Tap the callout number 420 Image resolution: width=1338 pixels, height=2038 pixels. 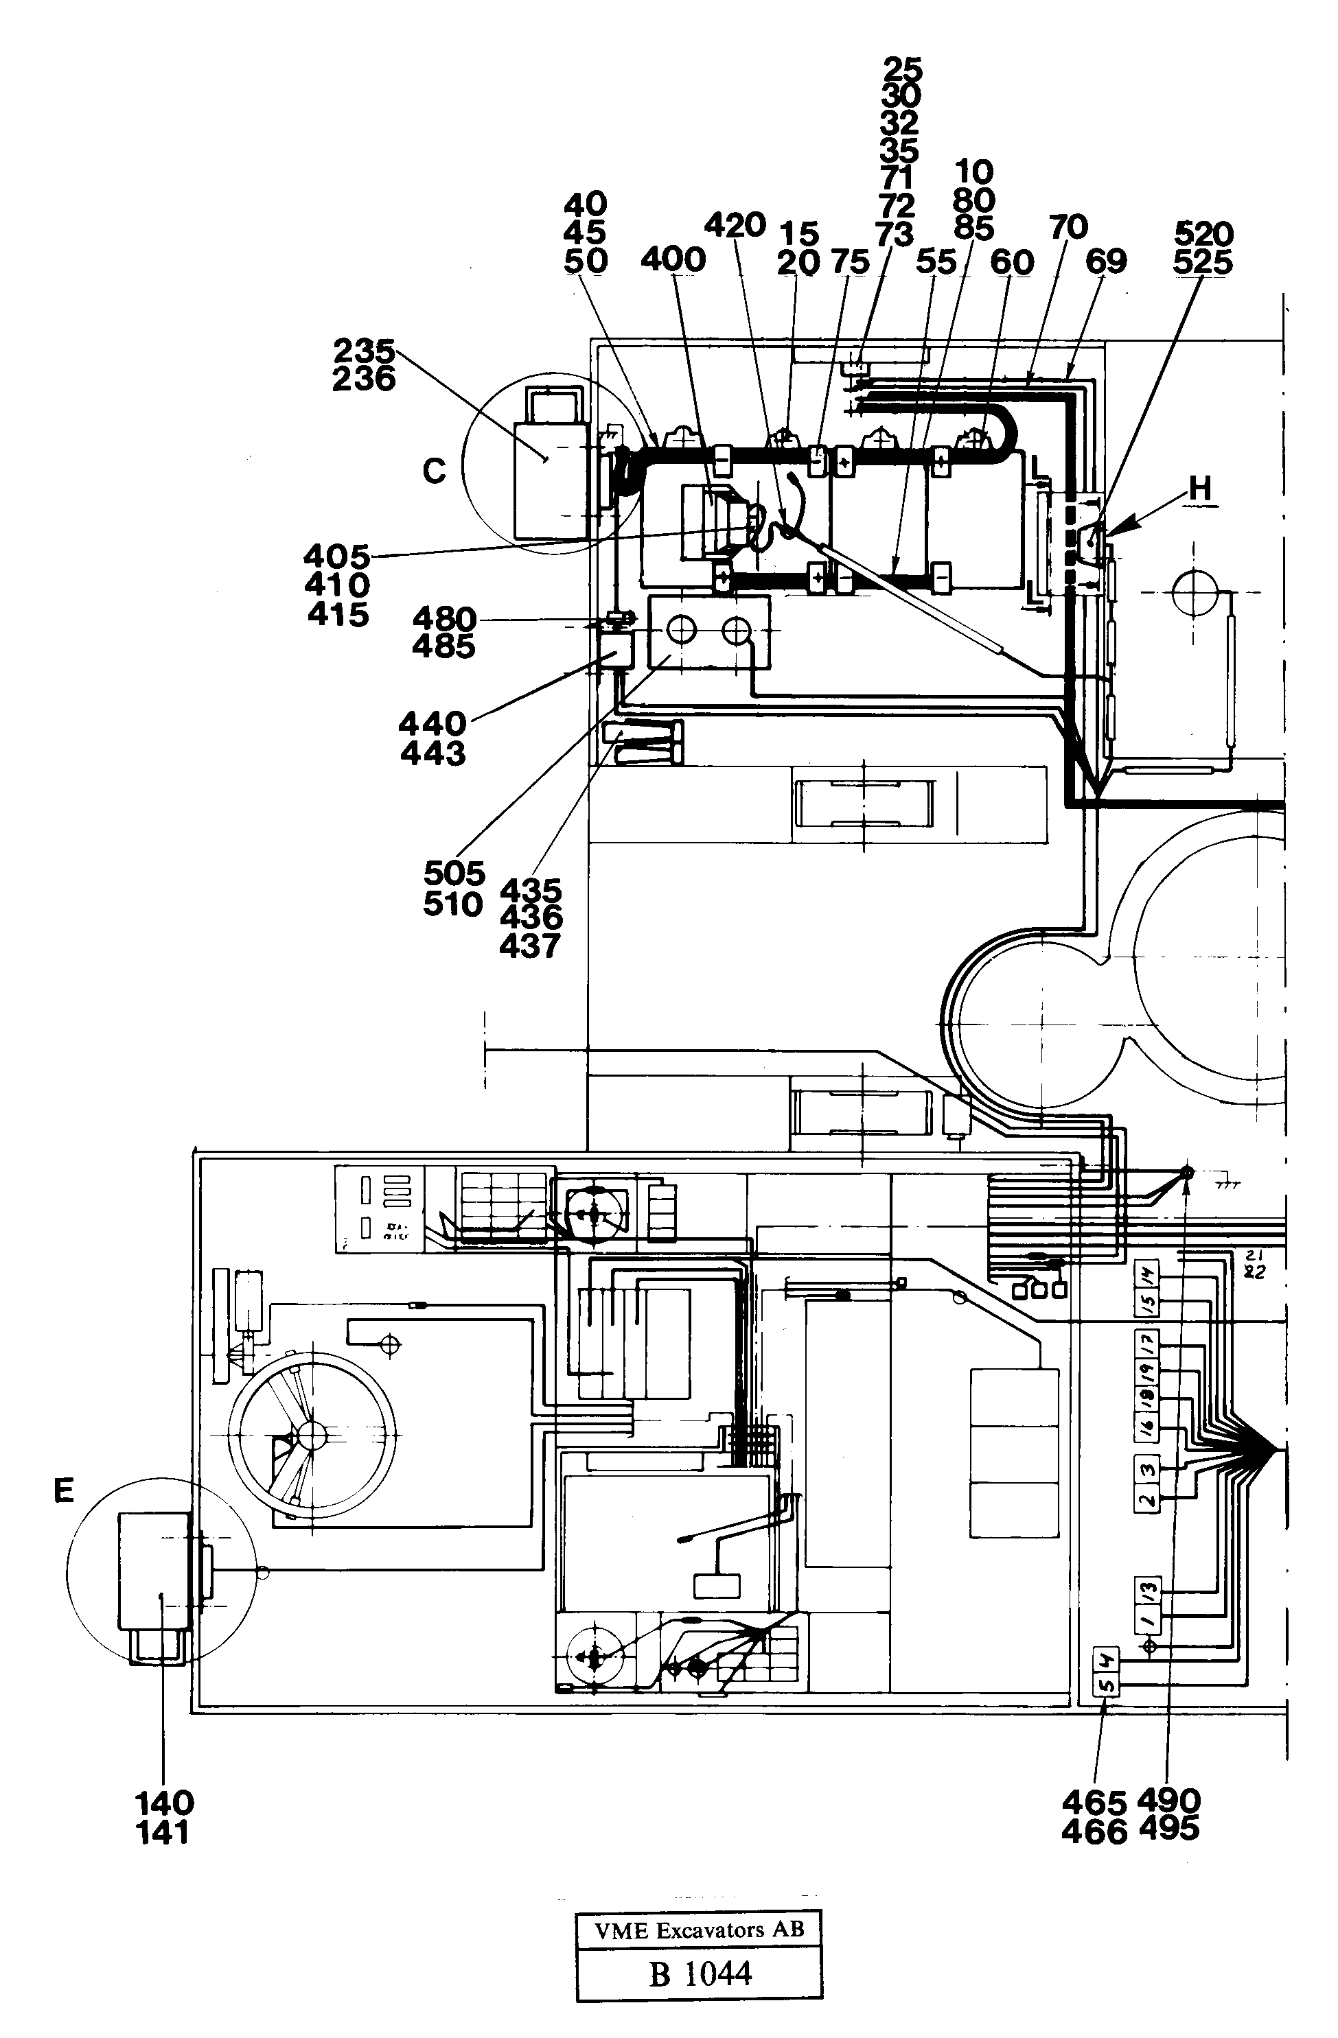tap(735, 225)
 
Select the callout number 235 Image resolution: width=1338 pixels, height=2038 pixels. tap(364, 351)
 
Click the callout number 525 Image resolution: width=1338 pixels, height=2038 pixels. tap(1203, 261)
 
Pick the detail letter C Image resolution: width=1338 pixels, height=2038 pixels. tap(435, 470)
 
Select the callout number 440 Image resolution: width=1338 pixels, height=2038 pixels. tap(432, 723)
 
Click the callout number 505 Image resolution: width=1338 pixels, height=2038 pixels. tap(454, 874)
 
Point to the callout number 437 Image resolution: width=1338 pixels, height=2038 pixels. tap(530, 946)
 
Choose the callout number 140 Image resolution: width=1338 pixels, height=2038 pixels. tap(165, 1803)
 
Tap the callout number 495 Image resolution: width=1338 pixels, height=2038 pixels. tap(1169, 1829)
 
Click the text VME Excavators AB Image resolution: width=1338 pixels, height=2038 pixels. tap(699, 1930)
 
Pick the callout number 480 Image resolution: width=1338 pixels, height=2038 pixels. tap(443, 618)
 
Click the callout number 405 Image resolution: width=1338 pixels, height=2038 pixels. tap(336, 557)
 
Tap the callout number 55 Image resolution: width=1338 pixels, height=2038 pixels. tap(936, 261)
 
